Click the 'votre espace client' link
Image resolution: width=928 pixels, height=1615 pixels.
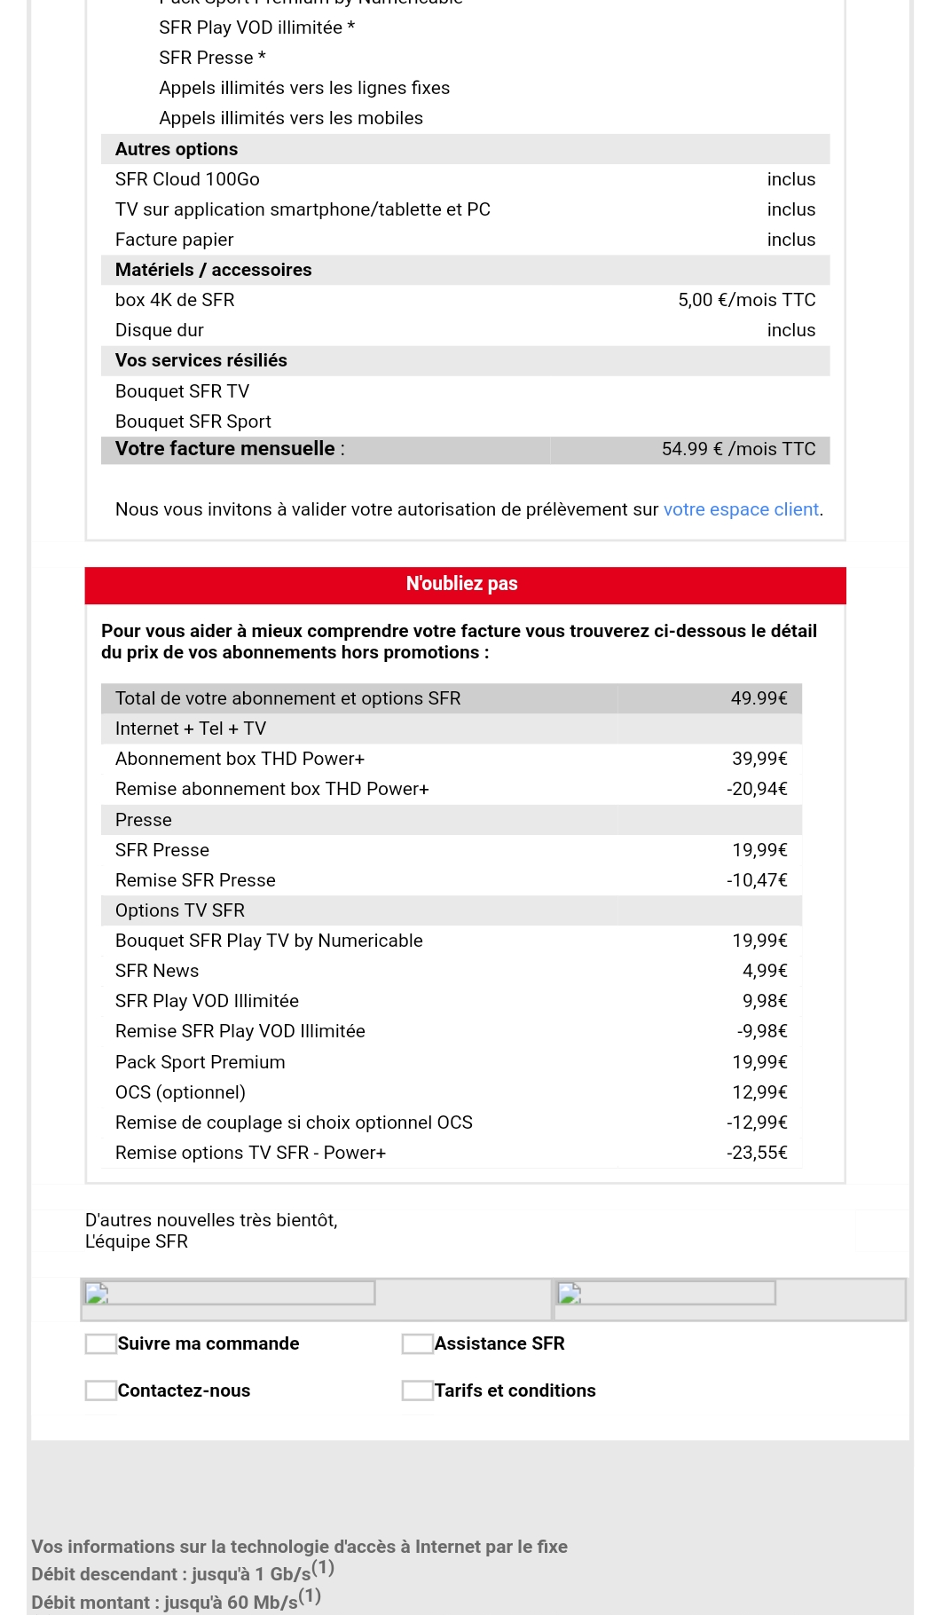(741, 509)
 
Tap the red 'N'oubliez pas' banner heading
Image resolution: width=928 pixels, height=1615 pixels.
(462, 584)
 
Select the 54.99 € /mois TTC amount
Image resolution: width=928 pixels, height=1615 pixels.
(738, 449)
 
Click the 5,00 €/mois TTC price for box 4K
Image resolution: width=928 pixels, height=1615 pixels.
(746, 300)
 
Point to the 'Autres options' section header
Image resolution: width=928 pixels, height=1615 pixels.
(177, 149)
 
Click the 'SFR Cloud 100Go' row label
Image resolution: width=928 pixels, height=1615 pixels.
(187, 179)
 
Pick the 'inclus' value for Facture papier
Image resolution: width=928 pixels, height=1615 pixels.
(790, 240)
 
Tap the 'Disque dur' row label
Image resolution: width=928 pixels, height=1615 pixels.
(160, 330)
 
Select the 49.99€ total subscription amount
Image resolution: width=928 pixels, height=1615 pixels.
(759, 698)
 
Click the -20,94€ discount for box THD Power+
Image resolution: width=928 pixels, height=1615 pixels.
(757, 789)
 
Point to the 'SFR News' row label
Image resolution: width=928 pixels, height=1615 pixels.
(157, 971)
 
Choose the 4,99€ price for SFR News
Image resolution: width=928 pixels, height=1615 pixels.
(765, 971)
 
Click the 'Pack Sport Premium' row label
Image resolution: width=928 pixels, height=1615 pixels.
(201, 1062)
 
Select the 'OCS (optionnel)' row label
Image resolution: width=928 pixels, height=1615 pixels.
(180, 1092)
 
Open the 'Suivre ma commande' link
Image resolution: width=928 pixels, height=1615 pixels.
(208, 1343)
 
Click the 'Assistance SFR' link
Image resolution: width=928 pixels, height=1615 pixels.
(499, 1343)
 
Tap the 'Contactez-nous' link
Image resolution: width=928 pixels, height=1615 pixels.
(184, 1390)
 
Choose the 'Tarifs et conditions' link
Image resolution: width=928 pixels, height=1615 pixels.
(515, 1390)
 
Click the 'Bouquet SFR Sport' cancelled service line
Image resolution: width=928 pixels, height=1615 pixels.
(193, 421)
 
